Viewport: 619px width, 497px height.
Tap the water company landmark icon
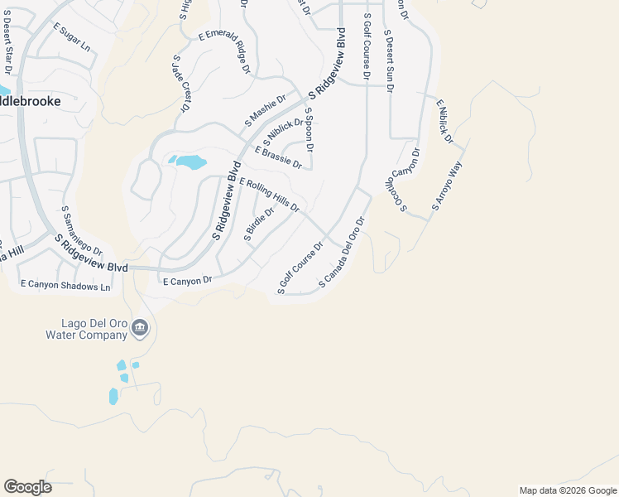coord(140,330)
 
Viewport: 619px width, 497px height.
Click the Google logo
coord(27,487)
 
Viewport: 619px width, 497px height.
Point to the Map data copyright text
coord(567,490)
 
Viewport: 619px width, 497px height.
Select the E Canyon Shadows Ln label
coord(65,285)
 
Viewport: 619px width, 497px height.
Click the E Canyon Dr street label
coord(188,281)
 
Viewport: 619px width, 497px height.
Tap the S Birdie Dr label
coord(258,223)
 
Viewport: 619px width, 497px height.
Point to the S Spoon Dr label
coord(309,129)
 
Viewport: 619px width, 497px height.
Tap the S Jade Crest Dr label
coord(180,83)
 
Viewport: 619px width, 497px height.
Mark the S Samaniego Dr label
coord(81,231)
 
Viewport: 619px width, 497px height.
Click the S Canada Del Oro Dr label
coord(342,254)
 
